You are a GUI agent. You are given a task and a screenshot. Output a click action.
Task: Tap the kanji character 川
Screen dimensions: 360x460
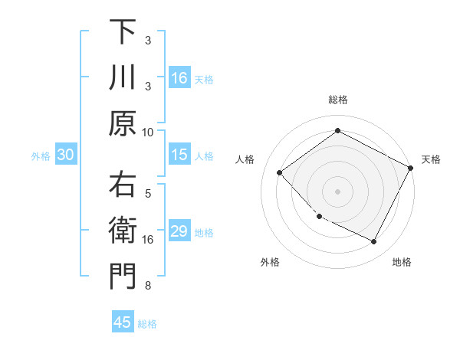tap(123, 77)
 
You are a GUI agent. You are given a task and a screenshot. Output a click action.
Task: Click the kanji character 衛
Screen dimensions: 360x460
tap(123, 231)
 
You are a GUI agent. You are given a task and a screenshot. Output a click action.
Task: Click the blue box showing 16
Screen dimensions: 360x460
tap(179, 78)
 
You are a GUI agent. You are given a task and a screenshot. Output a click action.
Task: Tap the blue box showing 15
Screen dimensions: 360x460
tap(179, 155)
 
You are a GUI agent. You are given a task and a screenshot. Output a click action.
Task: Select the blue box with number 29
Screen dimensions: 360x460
tap(179, 232)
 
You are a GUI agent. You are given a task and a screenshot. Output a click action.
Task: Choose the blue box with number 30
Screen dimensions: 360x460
tap(65, 155)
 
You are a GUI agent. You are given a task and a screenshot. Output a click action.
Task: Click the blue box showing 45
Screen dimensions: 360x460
tap(123, 322)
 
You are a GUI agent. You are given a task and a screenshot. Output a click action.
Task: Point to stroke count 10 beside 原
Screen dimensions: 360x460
tap(148, 132)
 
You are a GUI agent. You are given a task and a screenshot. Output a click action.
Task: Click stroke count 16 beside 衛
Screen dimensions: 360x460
tap(148, 240)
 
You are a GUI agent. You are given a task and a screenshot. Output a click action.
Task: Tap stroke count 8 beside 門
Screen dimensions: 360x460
tap(148, 286)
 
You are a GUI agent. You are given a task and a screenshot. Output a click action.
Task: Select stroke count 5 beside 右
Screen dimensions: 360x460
tap(148, 194)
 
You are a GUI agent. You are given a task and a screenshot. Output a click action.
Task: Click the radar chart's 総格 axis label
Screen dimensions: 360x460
tap(337, 100)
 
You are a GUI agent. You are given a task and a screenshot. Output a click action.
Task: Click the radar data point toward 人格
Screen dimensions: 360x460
tap(280, 173)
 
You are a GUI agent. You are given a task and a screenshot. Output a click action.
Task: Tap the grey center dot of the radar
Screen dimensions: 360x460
tap(337, 191)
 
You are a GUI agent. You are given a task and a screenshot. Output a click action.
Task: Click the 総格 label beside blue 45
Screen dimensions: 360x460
tap(147, 324)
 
